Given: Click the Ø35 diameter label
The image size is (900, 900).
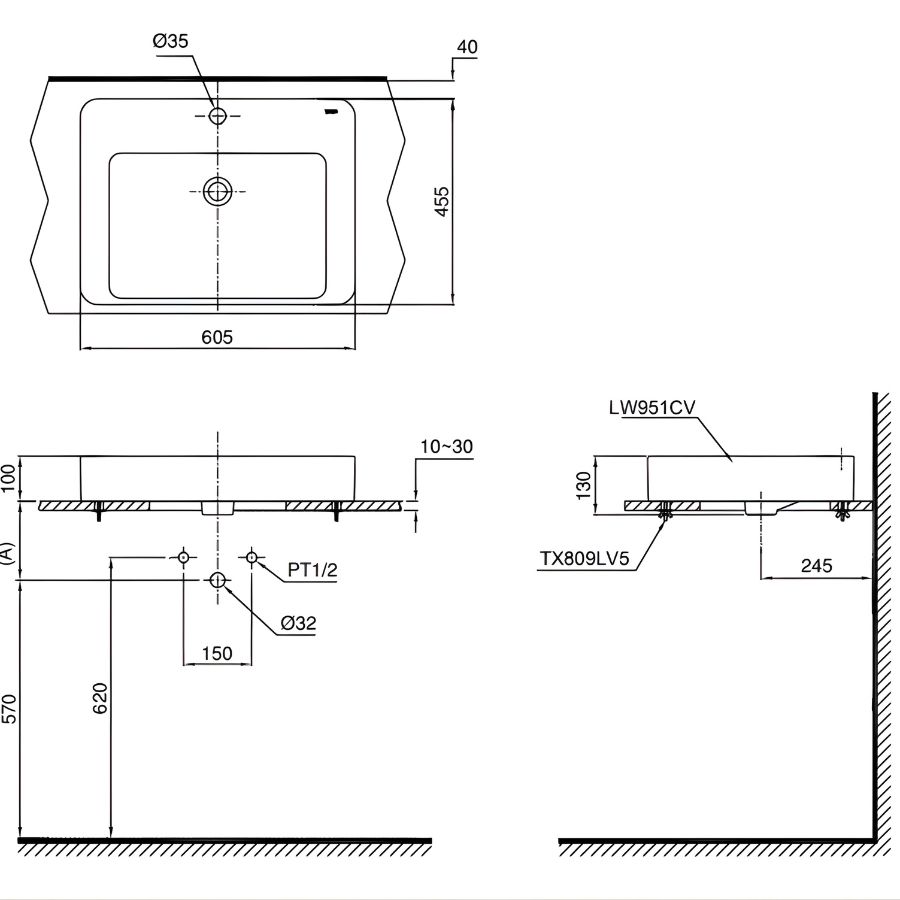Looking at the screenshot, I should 170,41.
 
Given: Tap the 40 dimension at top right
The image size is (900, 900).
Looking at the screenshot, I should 466,47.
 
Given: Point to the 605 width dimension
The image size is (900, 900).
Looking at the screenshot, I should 217,338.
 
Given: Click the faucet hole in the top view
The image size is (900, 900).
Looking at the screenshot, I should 219,116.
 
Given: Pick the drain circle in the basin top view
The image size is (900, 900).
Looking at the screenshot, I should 218,190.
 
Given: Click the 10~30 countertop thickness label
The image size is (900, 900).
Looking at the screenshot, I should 445,446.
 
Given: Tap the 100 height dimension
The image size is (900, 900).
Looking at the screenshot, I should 9,478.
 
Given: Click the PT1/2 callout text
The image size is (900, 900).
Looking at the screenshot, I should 313,570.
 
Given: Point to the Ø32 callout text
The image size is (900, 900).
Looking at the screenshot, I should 298,623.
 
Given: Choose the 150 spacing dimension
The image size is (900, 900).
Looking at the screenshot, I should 217,653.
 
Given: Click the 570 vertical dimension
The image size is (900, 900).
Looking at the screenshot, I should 9,708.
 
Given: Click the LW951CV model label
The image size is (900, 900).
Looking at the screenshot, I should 651,408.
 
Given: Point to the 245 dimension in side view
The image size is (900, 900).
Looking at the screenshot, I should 816,566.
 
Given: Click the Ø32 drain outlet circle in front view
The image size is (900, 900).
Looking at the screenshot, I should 218,580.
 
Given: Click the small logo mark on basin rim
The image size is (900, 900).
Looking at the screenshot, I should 333,109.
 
